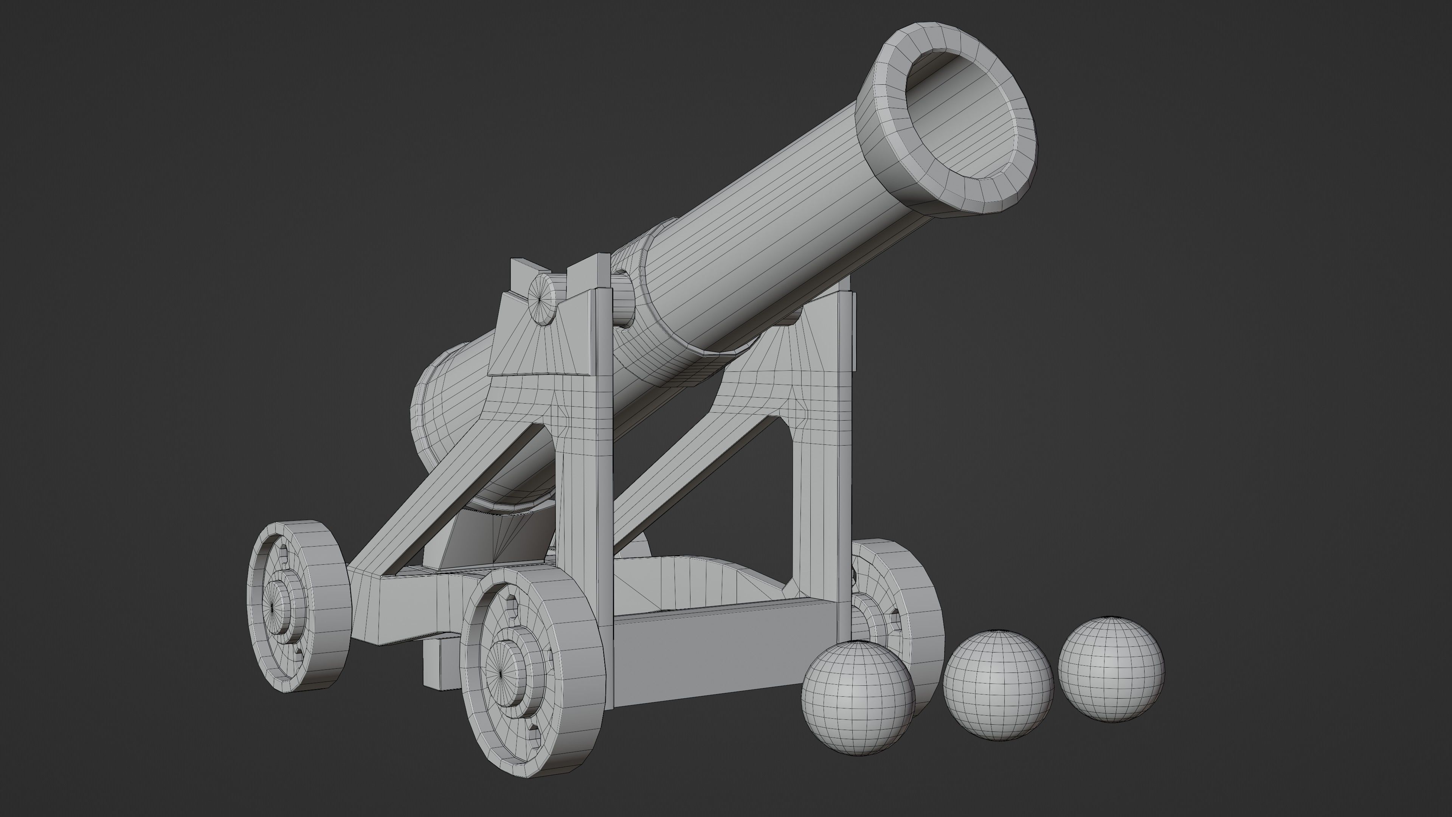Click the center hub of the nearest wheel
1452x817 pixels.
coord(503,673)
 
